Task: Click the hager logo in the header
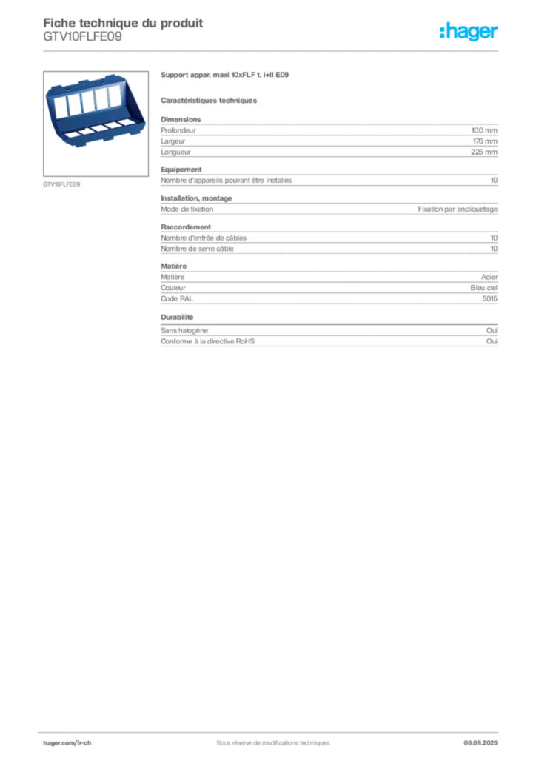coord(468,31)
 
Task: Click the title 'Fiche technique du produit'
coord(123,23)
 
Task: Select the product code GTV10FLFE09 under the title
coord(83,37)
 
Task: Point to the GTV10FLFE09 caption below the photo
coord(61,184)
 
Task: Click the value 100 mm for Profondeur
coord(484,130)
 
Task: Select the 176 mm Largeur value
coord(485,141)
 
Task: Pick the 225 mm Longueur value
coord(484,152)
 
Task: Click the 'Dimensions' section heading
coord(181,119)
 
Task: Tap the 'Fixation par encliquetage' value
coord(458,209)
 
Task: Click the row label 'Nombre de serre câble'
coord(197,249)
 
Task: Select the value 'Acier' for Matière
coord(489,277)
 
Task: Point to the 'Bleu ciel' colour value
coord(483,288)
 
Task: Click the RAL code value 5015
coord(489,299)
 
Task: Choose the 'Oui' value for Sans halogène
coord(492,331)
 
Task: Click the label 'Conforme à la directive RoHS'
coord(208,341)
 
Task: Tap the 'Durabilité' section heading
coord(177,317)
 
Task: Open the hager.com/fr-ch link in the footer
coord(67,743)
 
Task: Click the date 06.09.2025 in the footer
coord(480,743)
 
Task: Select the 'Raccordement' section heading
coord(186,227)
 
